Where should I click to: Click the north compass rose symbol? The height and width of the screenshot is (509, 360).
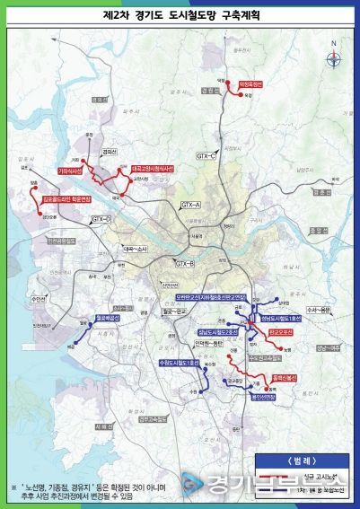point(333,59)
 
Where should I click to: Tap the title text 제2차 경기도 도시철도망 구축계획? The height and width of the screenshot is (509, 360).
point(180,14)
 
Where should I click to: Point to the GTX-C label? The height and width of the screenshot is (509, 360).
point(208,155)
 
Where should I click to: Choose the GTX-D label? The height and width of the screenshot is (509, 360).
point(100,219)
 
